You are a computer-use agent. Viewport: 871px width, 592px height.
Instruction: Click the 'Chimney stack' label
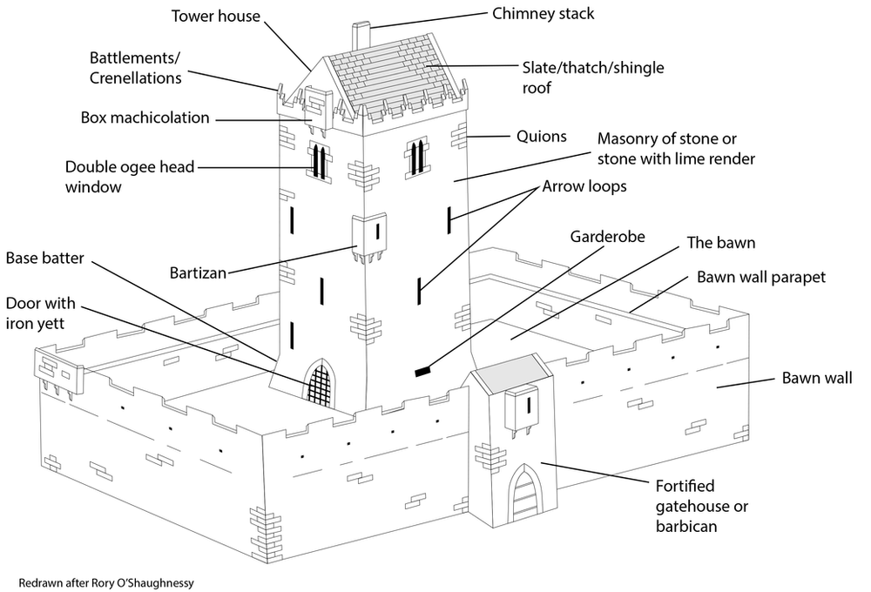pos(543,13)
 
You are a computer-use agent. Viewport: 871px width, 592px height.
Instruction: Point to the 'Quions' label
pos(541,136)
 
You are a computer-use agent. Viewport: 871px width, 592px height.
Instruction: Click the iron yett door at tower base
pos(319,384)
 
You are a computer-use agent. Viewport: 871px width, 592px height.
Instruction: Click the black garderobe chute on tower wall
pos(423,372)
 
